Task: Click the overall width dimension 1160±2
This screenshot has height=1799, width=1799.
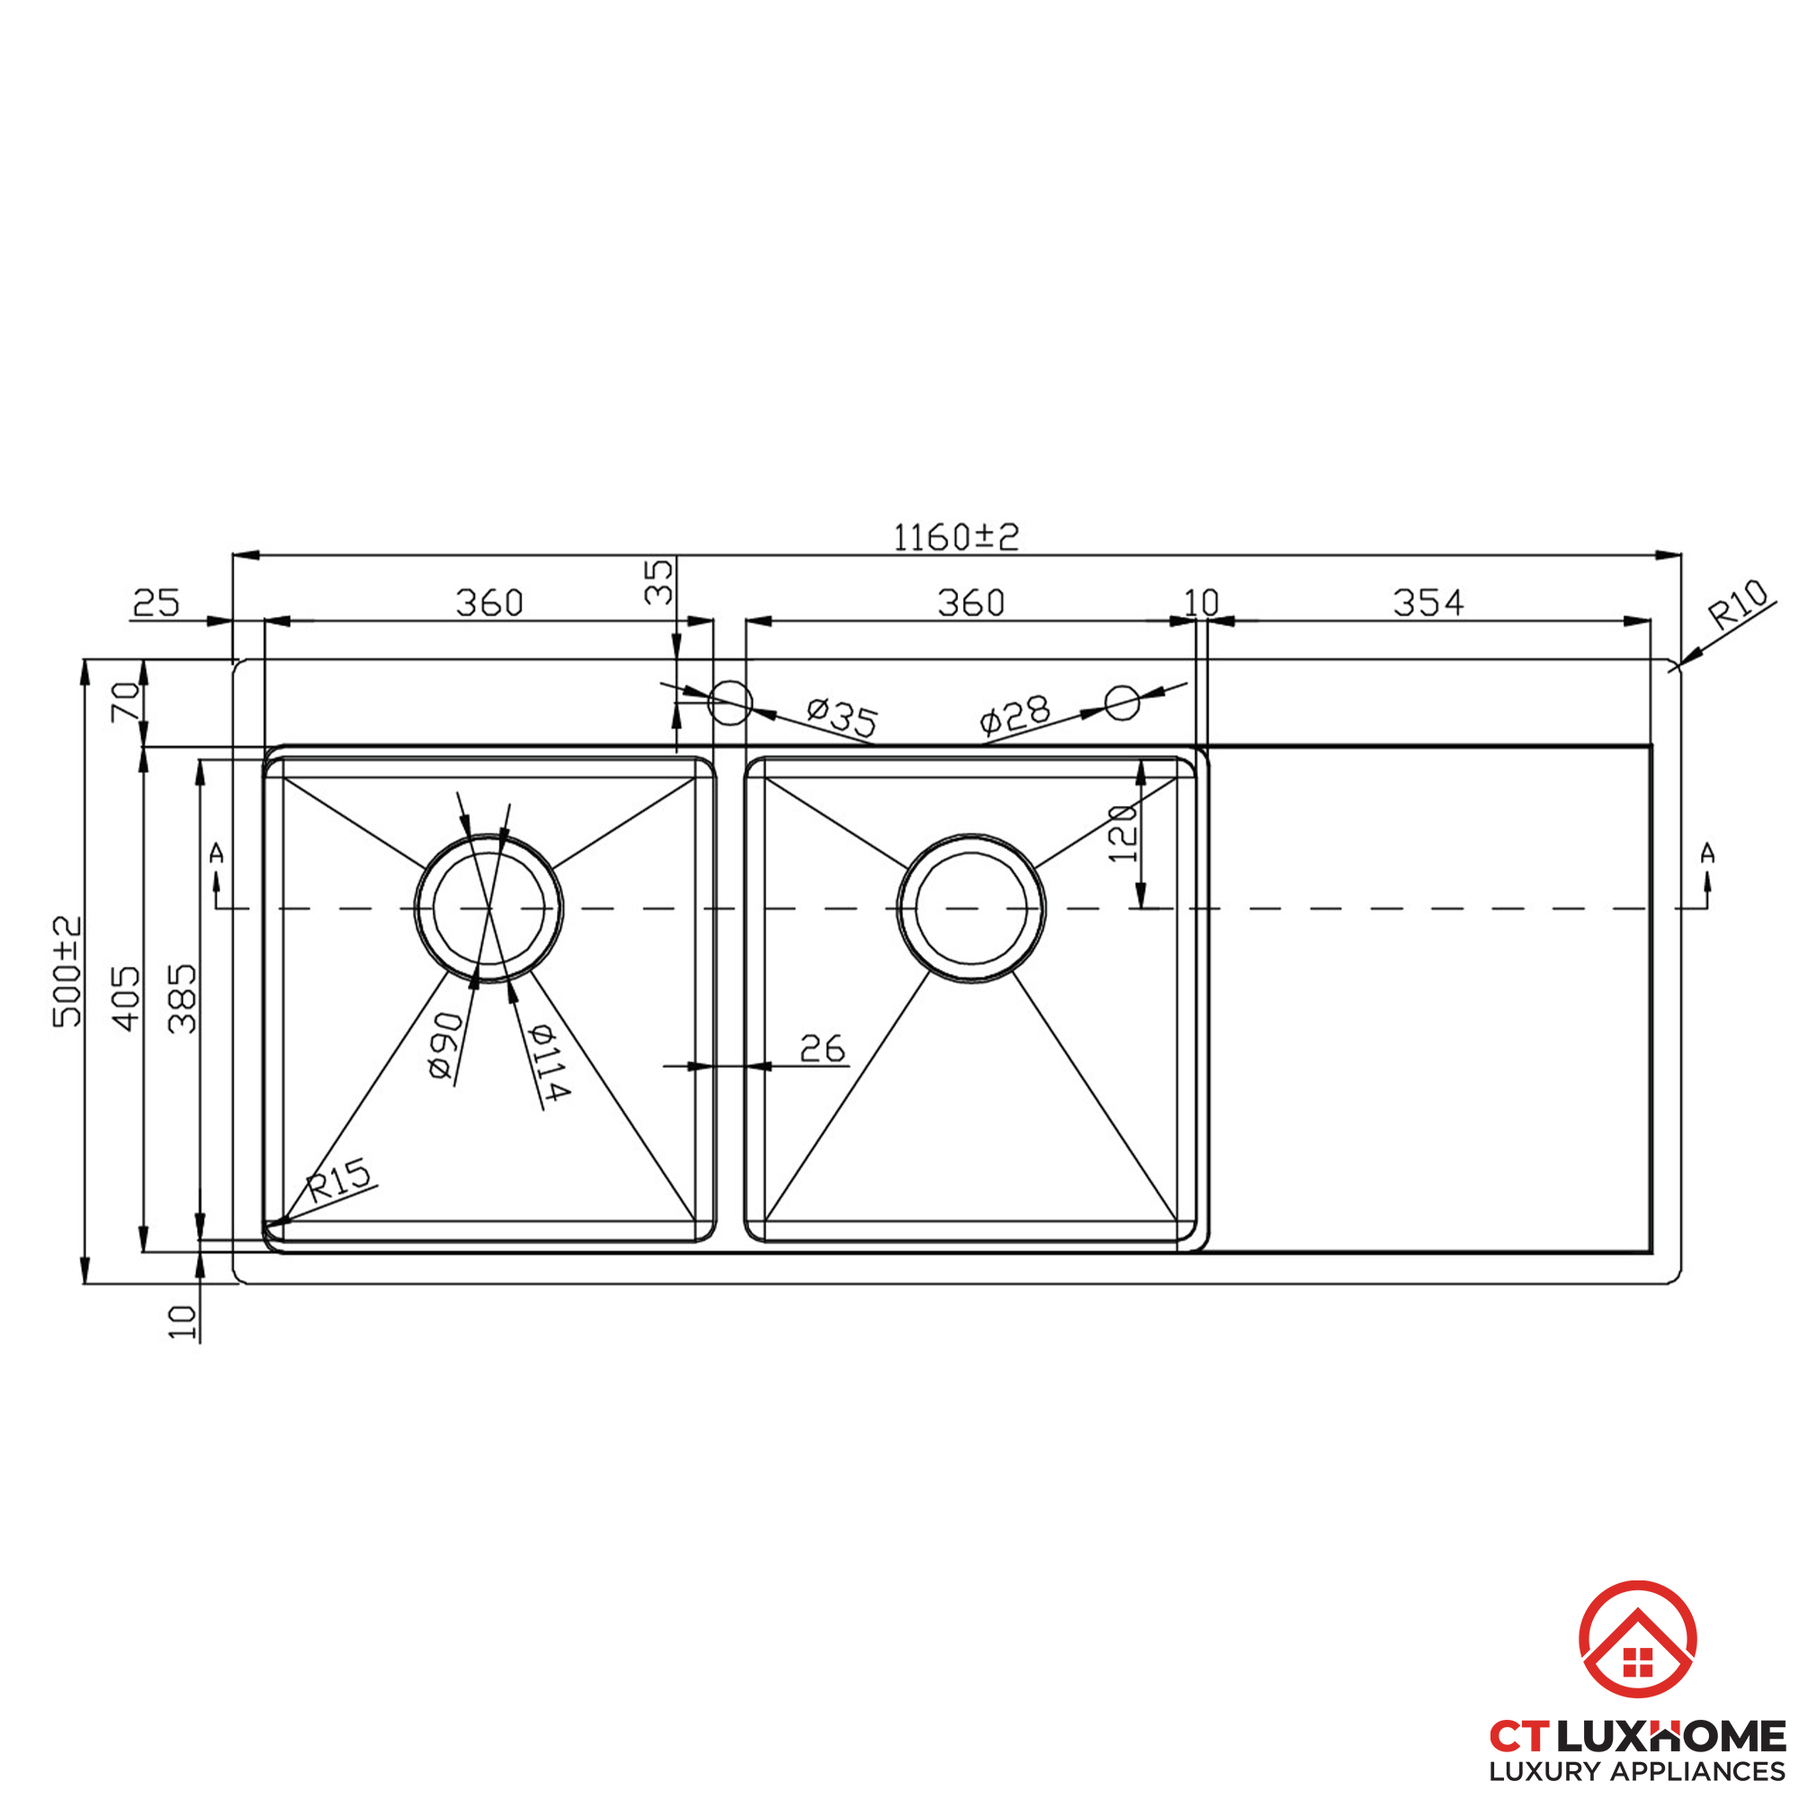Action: pyautogui.click(x=956, y=537)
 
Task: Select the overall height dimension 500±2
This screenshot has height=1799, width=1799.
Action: pyautogui.click(x=67, y=972)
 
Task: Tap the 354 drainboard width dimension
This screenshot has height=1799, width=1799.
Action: pyautogui.click(x=1428, y=604)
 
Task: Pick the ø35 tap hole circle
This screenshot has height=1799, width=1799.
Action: pyautogui.click(x=729, y=703)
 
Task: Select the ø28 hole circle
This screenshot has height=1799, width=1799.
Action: pyautogui.click(x=1122, y=703)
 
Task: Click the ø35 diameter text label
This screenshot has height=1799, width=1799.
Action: pyautogui.click(x=842, y=717)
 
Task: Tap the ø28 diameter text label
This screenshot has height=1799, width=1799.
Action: pyautogui.click(x=1015, y=715)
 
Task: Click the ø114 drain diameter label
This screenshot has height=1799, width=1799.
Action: pyautogui.click(x=549, y=1061)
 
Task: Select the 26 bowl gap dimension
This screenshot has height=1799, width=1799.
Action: pyautogui.click(x=822, y=1050)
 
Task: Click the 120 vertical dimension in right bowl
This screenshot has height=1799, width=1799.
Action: pyautogui.click(x=1123, y=834)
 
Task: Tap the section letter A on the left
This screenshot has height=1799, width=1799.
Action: pyautogui.click(x=217, y=852)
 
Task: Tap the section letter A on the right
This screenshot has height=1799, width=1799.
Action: pyautogui.click(x=1707, y=852)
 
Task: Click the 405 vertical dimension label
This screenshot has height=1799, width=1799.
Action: pyautogui.click(x=127, y=998)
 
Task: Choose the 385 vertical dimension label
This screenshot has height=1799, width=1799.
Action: pyautogui.click(x=183, y=998)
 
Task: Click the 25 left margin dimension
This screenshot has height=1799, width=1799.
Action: pyautogui.click(x=156, y=604)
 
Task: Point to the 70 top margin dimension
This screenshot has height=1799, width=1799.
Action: pyautogui.click(x=126, y=702)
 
